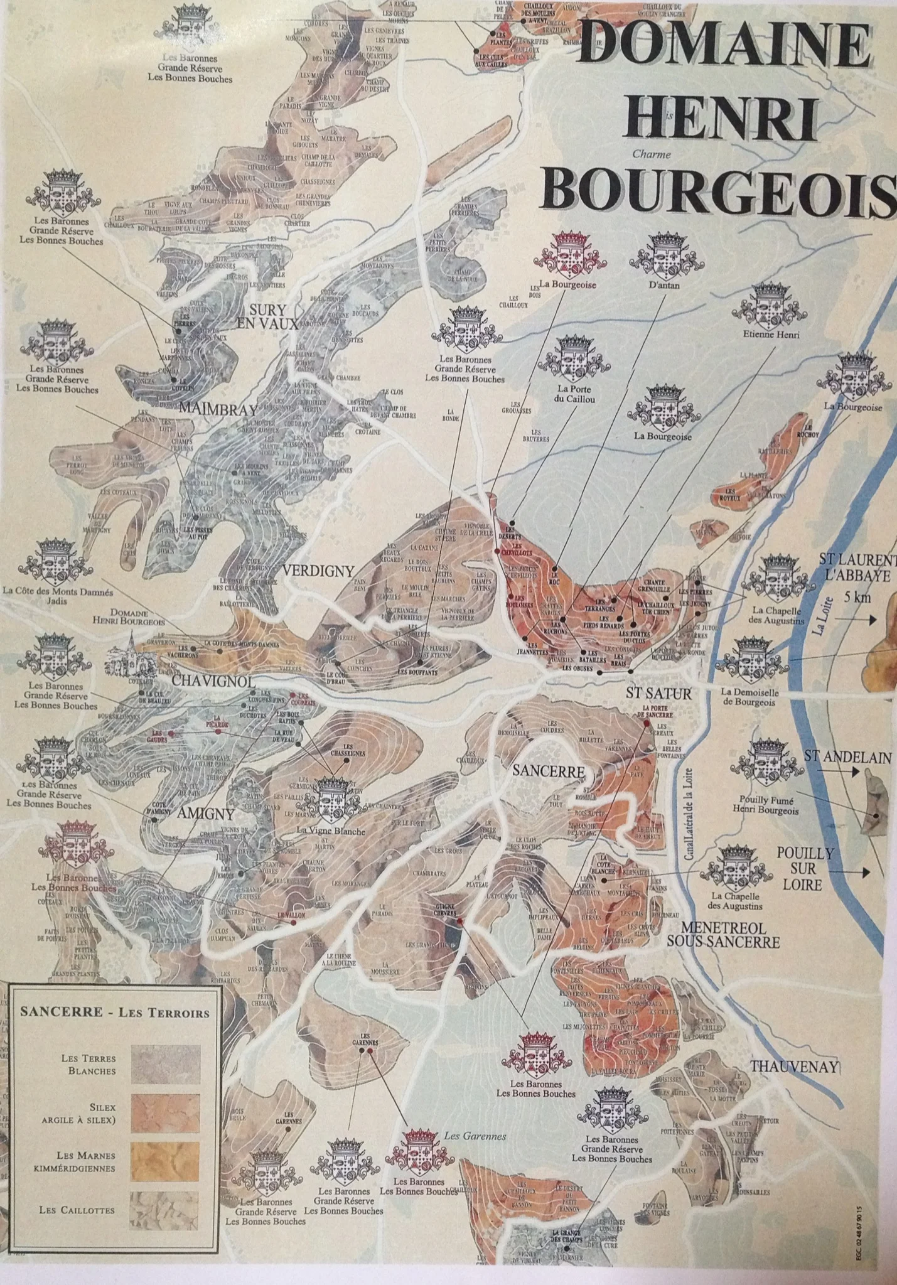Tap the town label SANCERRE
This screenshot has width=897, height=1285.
[x=549, y=771]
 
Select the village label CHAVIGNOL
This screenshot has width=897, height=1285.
[x=204, y=682]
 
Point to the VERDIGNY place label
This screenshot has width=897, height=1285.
[x=318, y=571]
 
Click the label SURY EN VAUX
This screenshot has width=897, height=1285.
[x=267, y=317]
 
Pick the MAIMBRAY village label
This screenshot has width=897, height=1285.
[x=218, y=409]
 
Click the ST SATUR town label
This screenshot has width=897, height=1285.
[x=658, y=694]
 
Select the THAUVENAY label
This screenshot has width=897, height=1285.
[x=794, y=1066]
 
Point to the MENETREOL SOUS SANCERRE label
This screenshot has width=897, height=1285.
[x=723, y=935]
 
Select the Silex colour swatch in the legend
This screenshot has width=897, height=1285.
[x=165, y=1112]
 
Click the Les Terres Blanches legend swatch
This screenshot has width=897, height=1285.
[x=165, y=1064]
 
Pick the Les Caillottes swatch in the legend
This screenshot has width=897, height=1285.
[x=164, y=1210]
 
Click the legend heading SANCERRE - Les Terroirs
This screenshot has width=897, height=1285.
[x=115, y=1012]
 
